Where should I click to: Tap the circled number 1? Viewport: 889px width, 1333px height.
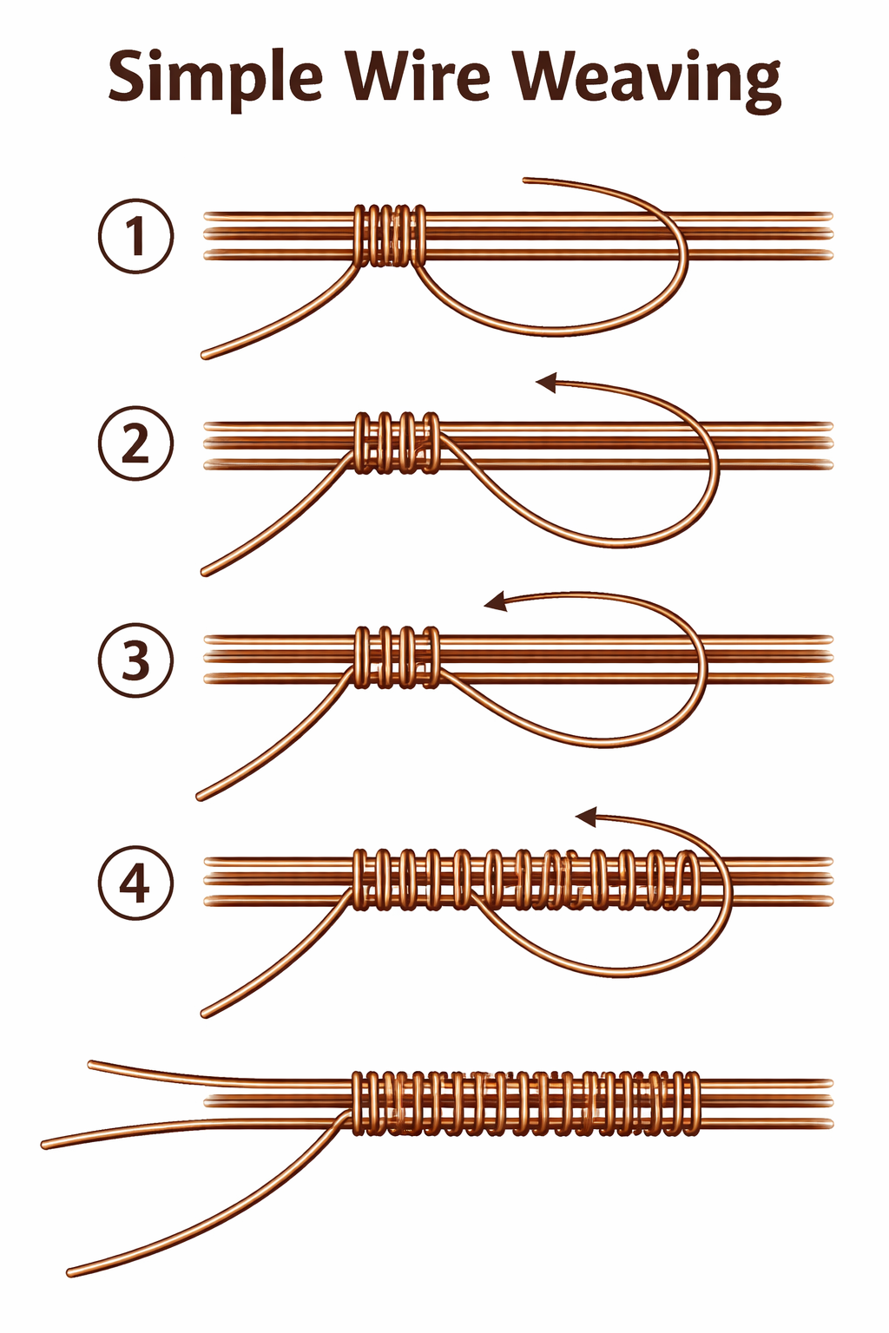(x=135, y=236)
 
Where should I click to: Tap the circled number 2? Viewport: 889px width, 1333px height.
(x=135, y=443)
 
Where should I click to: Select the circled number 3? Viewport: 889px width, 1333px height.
(x=135, y=660)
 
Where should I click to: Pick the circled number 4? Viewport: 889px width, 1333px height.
(x=135, y=883)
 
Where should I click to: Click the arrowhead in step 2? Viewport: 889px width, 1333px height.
(x=546, y=382)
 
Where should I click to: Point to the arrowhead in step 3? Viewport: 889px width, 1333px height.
(x=495, y=601)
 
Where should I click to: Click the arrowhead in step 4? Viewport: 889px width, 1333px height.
(x=587, y=816)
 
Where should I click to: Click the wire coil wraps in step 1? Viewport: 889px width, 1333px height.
(x=391, y=235)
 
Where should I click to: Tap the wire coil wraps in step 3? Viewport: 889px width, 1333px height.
(x=396, y=657)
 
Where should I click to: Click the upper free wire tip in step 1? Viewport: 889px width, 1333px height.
(x=526, y=181)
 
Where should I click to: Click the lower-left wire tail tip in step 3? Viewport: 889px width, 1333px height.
(x=201, y=796)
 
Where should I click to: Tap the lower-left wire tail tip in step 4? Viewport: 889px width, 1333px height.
(x=206, y=1013)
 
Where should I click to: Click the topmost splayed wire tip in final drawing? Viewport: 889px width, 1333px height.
(x=92, y=1064)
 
